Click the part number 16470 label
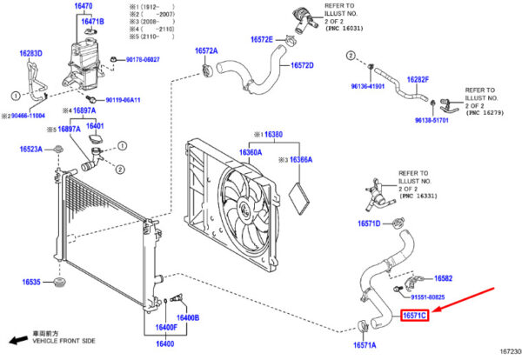84,6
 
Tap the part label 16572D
302,65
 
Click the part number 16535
32,283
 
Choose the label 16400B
188,317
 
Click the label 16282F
418,79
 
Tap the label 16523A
33,150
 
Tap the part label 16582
443,278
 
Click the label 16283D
31,54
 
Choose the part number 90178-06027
143,59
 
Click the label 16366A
300,160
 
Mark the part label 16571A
364,345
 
